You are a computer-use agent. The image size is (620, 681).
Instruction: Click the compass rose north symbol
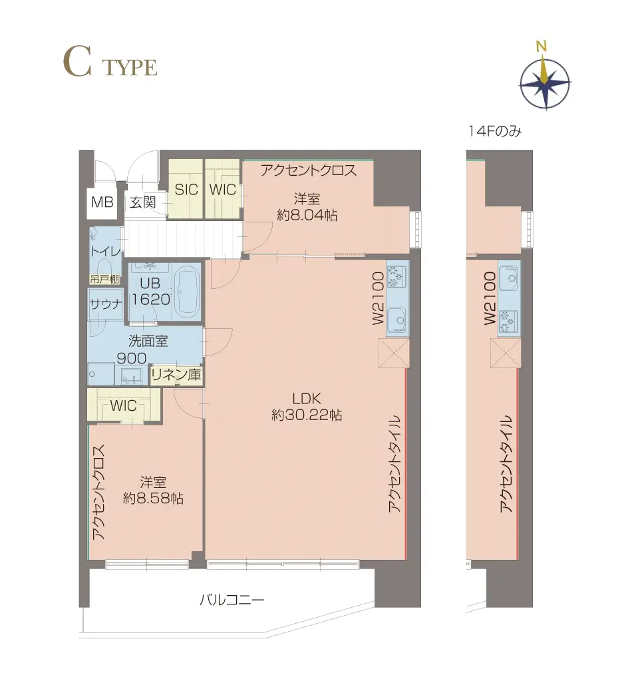(545, 83)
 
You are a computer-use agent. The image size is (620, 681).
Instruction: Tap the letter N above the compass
(541, 46)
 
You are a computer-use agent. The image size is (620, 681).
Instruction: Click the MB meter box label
(102, 202)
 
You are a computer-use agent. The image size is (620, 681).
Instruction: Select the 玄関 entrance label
(143, 202)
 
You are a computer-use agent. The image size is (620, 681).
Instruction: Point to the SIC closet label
(186, 189)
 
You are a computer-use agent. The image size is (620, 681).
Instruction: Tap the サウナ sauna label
(105, 304)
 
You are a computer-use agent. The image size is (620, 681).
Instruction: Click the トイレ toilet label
(105, 252)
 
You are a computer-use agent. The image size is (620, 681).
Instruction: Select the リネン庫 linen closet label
(176, 374)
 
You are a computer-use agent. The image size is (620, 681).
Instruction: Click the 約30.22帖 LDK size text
(307, 415)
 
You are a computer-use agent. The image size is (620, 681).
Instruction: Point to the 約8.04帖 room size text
(307, 214)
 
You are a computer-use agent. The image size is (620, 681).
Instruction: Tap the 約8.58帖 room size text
(153, 498)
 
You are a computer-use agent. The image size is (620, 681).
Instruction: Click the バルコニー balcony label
(232, 600)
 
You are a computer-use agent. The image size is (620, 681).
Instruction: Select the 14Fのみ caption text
(494, 131)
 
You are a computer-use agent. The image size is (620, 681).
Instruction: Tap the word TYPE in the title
(130, 68)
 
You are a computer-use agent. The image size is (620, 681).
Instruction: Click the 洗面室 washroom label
(148, 341)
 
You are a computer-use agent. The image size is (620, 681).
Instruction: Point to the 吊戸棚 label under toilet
(104, 279)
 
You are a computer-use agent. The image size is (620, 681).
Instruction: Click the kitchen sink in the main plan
(396, 320)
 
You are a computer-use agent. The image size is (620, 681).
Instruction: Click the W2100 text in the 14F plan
(490, 298)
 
